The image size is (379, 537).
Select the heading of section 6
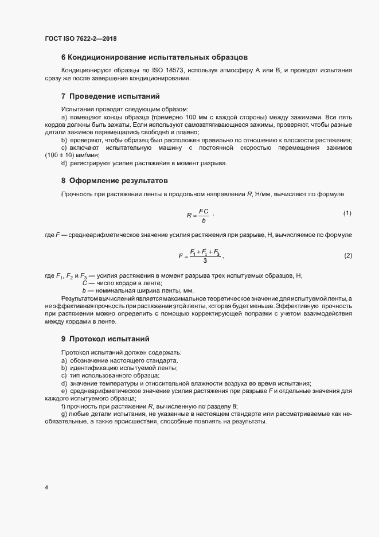tap(154, 57)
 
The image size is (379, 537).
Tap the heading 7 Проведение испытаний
tap(110, 96)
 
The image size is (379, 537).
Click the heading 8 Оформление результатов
tap(115, 180)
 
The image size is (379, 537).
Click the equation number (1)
tap(347, 213)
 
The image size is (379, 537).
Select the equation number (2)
tap(347, 255)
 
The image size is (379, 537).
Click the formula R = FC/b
tap(198, 216)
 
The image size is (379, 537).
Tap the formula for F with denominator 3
tap(200, 256)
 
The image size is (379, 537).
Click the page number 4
tap(46, 488)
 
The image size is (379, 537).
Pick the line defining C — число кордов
tap(122, 283)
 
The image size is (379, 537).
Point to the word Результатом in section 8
tap(80, 299)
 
